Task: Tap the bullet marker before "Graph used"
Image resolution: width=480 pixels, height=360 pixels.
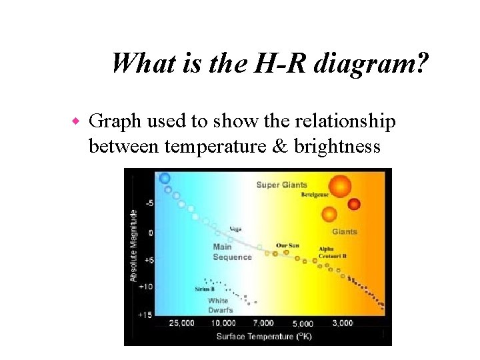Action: (x=75, y=121)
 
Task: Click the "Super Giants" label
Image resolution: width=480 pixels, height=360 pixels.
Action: (x=281, y=185)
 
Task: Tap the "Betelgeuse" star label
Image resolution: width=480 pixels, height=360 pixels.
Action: (x=315, y=195)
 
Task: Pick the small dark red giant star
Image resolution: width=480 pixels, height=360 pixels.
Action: (x=354, y=204)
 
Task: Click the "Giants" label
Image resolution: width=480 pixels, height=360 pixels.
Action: (x=345, y=232)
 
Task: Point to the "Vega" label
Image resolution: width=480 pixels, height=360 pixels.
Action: (x=235, y=229)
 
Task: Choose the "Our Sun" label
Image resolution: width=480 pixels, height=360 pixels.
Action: (x=287, y=245)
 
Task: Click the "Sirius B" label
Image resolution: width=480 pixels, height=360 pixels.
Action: (x=204, y=289)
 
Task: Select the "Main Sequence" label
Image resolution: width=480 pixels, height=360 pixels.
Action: (x=232, y=252)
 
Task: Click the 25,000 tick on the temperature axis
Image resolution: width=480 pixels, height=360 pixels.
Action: (x=181, y=323)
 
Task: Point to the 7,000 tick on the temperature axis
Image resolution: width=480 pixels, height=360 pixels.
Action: (x=263, y=323)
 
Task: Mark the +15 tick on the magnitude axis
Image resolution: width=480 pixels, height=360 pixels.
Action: (x=145, y=314)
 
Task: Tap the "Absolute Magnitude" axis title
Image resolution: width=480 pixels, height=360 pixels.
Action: (x=133, y=245)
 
